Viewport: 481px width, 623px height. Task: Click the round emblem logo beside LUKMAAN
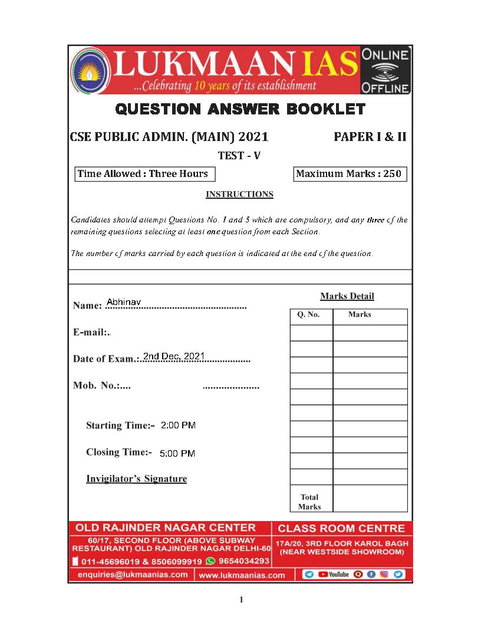coord(89,70)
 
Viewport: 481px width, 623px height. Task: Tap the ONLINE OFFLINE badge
coord(386,71)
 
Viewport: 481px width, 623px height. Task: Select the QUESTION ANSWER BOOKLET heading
coord(240,109)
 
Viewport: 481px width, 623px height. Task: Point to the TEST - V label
coord(239,156)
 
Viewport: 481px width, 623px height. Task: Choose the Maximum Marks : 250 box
coord(350,173)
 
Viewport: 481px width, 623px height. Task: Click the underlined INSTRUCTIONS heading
coord(239,194)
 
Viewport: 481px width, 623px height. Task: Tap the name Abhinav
coord(124,301)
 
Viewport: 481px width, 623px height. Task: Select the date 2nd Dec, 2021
coord(174,356)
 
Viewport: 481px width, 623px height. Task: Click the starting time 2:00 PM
coord(178,425)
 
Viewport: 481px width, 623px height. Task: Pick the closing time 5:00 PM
coord(177,453)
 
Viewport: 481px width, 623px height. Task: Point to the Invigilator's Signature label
coord(136,478)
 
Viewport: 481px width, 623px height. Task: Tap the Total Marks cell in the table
coord(310,501)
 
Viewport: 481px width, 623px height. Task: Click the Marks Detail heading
coord(347,296)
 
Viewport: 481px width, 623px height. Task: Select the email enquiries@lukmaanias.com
coord(133,574)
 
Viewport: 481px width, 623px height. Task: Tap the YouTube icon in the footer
coord(334,574)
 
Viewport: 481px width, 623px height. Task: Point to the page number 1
coord(240,600)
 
